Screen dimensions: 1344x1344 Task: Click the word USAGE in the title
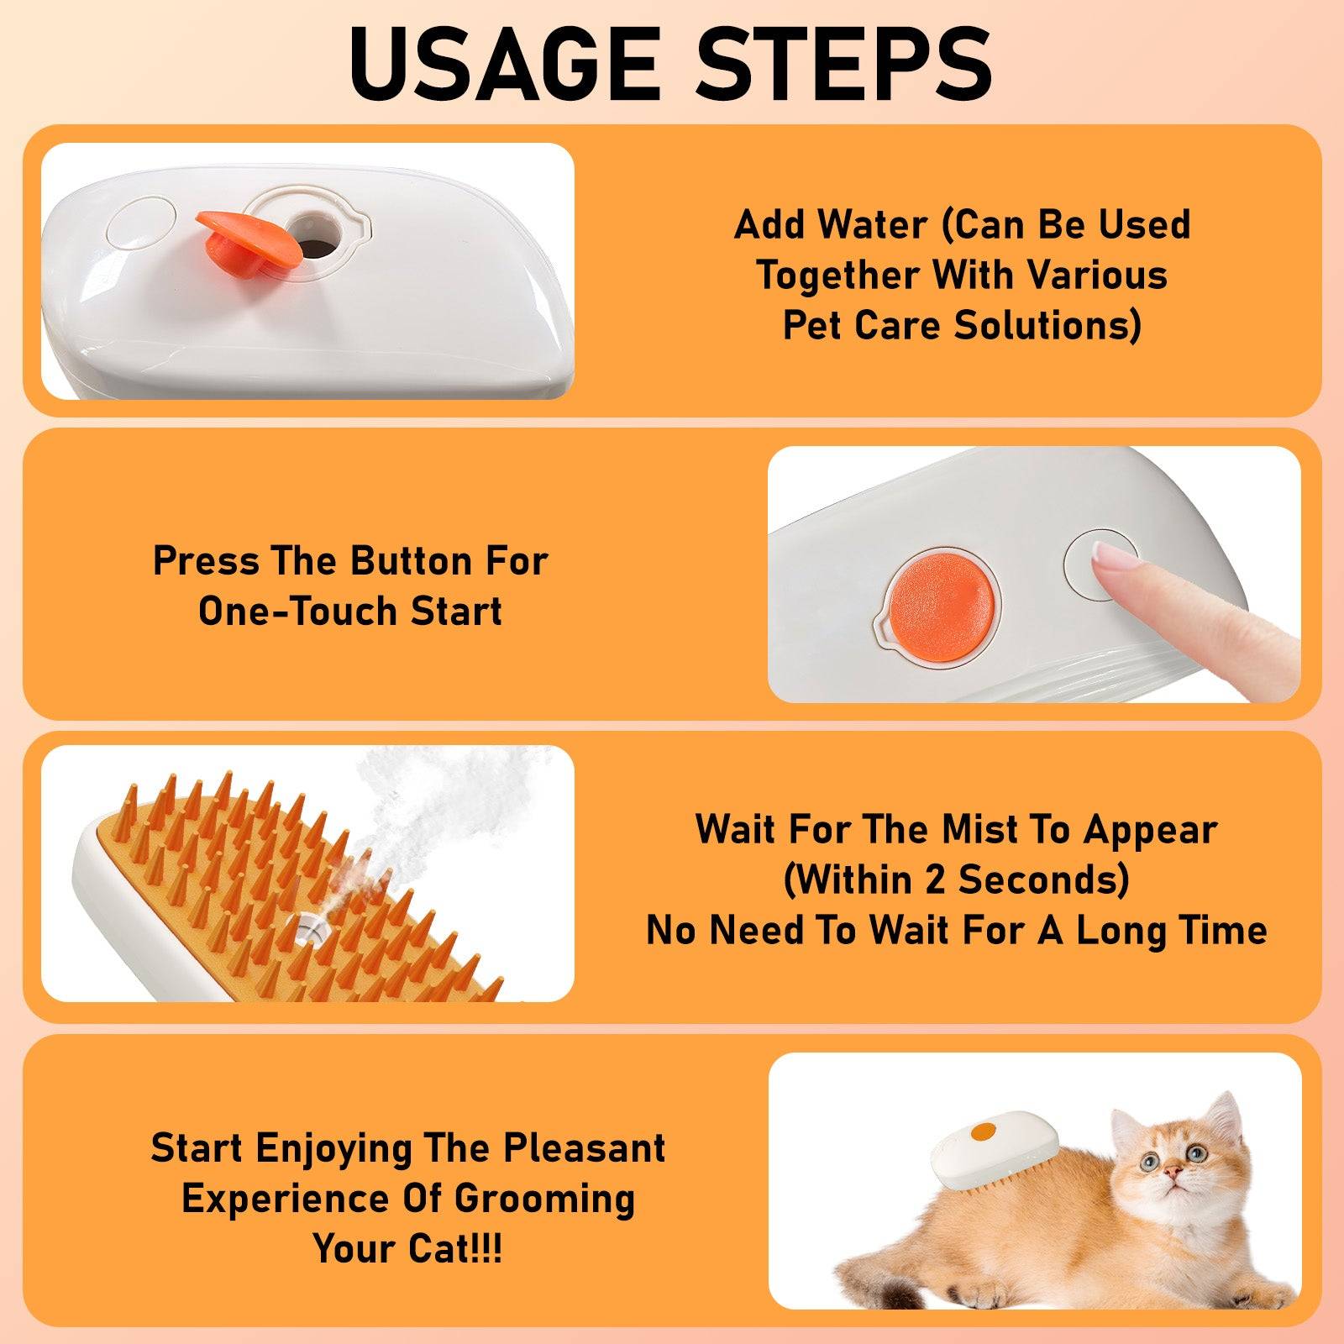click(504, 64)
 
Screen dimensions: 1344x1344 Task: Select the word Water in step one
click(873, 225)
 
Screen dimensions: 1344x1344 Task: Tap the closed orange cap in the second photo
click(941, 596)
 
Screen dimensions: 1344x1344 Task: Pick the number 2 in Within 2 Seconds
click(935, 880)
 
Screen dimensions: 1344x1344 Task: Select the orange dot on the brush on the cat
click(982, 1131)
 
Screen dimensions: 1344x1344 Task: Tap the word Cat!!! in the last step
click(454, 1249)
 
